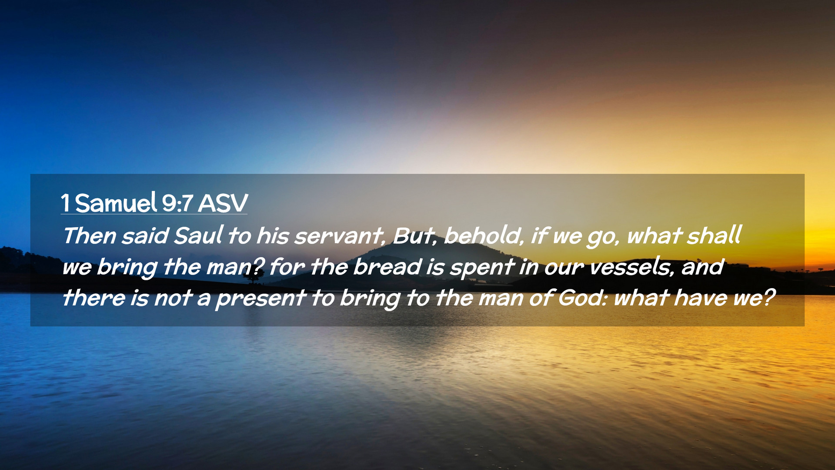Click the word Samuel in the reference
tap(116, 203)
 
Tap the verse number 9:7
tap(177, 203)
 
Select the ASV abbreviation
tap(223, 203)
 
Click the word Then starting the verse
tap(90, 236)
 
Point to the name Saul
tap(198, 235)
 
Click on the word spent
tap(482, 268)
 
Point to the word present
tap(261, 299)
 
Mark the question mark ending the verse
tap(768, 297)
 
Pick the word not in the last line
tap(173, 299)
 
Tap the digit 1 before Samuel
tap(65, 203)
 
